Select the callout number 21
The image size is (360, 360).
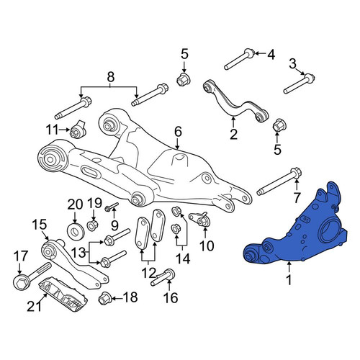[34, 306]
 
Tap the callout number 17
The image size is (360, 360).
[21, 256]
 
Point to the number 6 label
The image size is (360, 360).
[178, 132]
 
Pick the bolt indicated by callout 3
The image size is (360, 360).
[299, 84]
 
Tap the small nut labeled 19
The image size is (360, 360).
[92, 225]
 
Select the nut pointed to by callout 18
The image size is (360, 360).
[104, 299]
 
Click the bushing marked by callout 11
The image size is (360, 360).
[78, 129]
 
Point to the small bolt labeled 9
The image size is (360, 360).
[112, 207]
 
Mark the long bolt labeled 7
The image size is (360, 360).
[279, 181]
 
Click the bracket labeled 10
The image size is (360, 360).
[199, 219]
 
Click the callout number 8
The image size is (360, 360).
[110, 77]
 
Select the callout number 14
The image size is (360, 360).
[183, 259]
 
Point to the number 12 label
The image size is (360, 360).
[148, 273]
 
